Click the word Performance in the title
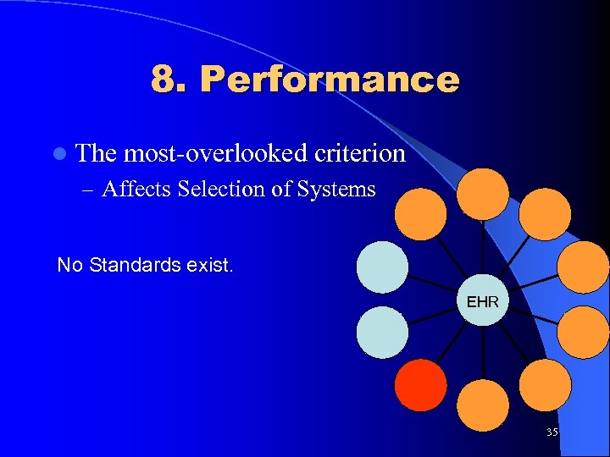[x=330, y=80]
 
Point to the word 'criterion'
[x=359, y=153]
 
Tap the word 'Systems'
[x=336, y=189]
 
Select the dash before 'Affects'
[x=91, y=190]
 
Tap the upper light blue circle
[x=382, y=267]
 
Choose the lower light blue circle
[x=382, y=333]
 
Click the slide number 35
[x=552, y=432]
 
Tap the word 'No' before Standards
[x=69, y=265]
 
